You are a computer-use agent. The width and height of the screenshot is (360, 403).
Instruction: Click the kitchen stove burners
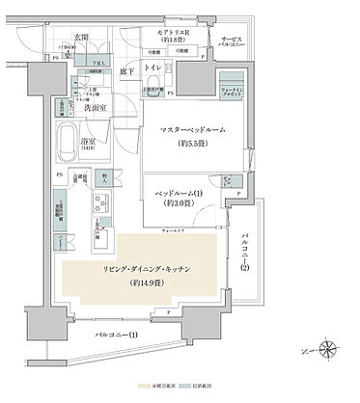pos(100,204)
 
